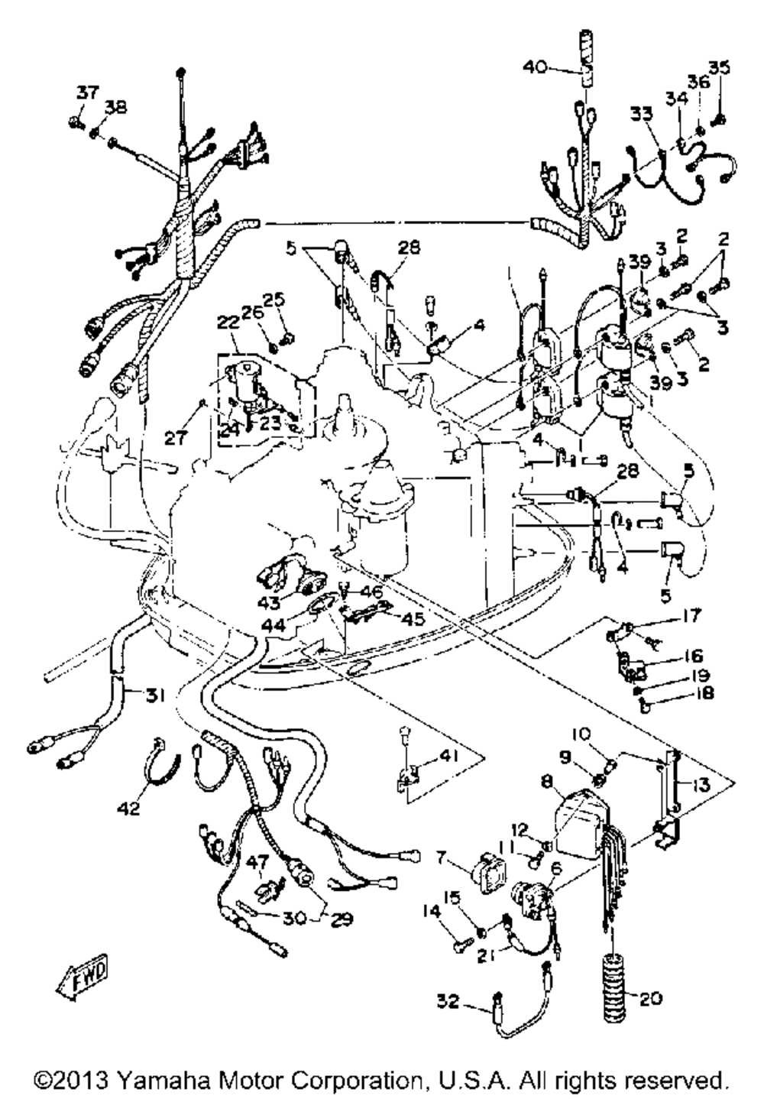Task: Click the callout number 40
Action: pyautogui.click(x=535, y=67)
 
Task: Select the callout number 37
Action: pyautogui.click(x=86, y=93)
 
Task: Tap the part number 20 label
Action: pyautogui.click(x=650, y=998)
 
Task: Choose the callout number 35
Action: pyautogui.click(x=719, y=67)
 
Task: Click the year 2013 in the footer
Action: pyautogui.click(x=84, y=1080)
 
